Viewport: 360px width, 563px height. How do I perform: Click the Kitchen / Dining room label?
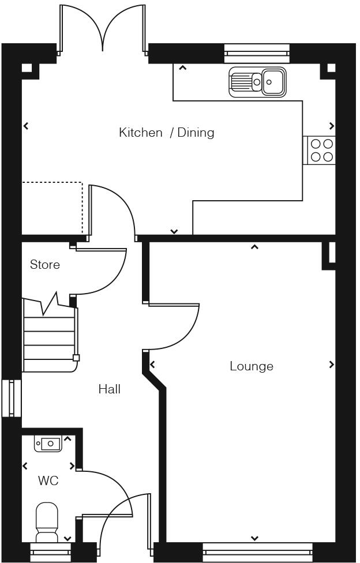[x=166, y=133]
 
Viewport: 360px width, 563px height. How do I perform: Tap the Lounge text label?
[x=251, y=366]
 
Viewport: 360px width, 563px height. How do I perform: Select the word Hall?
[x=109, y=389]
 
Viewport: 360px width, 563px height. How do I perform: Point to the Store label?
[x=44, y=265]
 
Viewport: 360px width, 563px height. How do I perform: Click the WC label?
[x=48, y=481]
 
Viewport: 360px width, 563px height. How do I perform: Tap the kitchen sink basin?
[x=272, y=82]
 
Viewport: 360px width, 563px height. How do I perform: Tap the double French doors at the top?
[x=103, y=29]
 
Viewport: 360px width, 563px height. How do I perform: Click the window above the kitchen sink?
[x=256, y=53]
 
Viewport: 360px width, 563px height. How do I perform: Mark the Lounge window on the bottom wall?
[x=257, y=552]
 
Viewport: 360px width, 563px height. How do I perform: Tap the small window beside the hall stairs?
[x=11, y=397]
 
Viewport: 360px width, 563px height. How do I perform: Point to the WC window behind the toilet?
[x=50, y=552]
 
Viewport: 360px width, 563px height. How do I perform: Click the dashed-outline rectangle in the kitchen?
[x=52, y=208]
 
